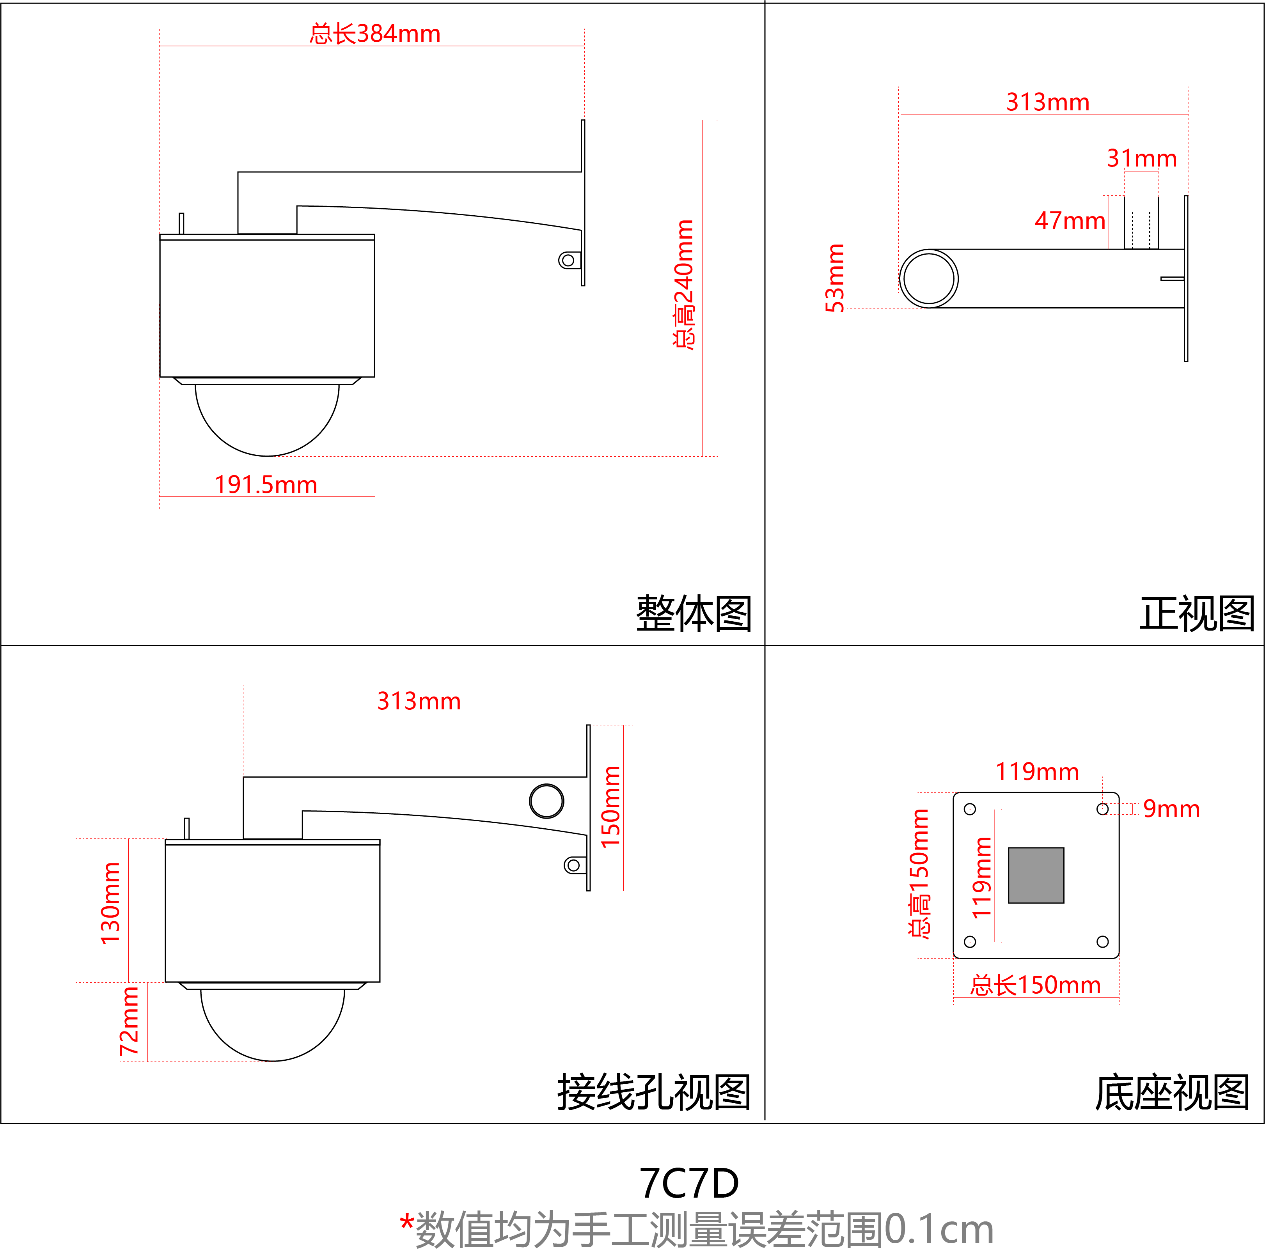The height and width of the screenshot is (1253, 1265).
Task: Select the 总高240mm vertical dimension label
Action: tap(684, 285)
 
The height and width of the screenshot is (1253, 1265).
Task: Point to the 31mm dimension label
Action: tap(1141, 158)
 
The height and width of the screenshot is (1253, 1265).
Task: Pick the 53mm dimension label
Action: tap(835, 278)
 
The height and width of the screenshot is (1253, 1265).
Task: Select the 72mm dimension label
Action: tap(129, 1021)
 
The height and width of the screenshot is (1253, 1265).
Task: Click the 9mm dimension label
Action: tap(1171, 809)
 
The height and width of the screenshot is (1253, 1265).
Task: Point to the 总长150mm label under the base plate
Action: tap(1035, 985)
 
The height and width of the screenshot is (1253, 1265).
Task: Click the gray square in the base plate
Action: tap(1036, 875)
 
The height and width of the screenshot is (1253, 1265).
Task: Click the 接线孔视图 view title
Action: tap(653, 1092)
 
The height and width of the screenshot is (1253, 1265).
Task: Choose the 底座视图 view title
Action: tap(1172, 1092)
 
